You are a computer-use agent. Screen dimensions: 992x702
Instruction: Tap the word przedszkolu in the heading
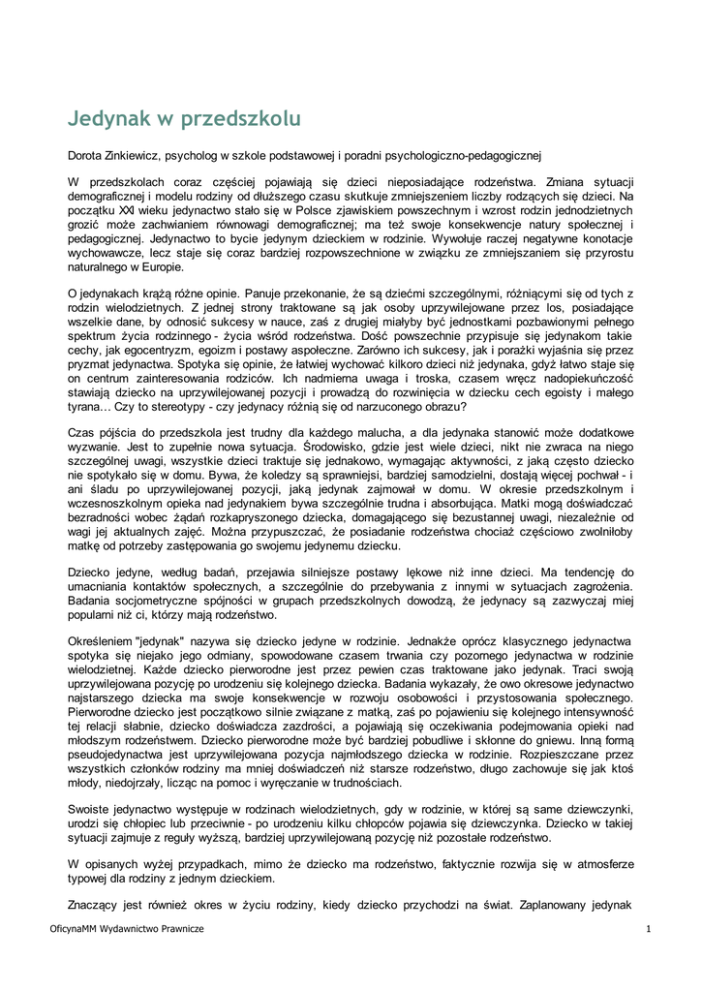(242, 119)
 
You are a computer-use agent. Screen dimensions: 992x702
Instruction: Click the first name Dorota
(85, 155)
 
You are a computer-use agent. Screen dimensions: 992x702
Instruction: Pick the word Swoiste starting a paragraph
(90, 808)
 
